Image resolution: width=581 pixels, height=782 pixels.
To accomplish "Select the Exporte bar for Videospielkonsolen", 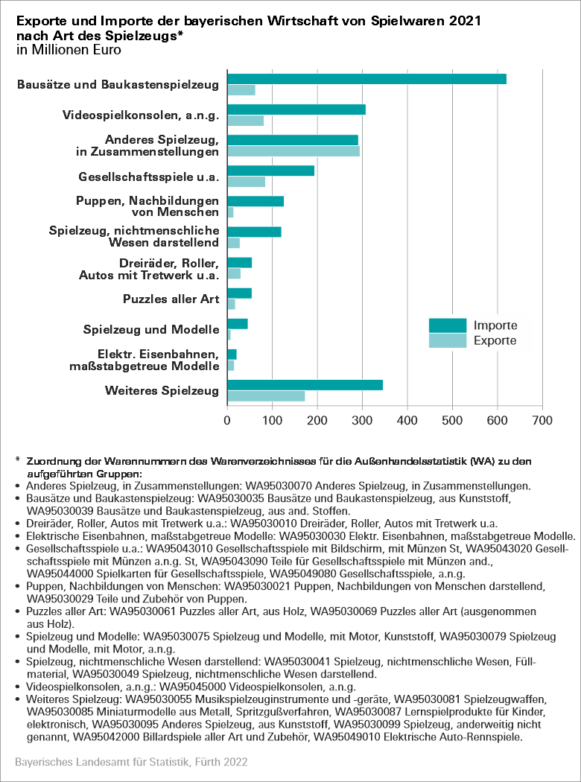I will click(245, 121).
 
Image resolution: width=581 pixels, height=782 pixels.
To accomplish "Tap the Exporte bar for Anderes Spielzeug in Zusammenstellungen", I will click(293, 151).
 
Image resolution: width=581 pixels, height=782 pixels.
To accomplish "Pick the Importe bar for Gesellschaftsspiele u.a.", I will click(270, 171).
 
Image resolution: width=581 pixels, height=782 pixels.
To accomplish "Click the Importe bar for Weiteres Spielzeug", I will click(305, 385).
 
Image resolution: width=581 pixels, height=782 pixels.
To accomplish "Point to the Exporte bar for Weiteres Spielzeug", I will click(266, 396).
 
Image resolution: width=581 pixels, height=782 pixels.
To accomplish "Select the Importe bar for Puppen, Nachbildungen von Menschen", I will click(255, 201).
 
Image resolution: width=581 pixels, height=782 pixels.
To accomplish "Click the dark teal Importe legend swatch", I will click(448, 325).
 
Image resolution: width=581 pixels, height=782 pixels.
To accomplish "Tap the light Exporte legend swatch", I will click(448, 341).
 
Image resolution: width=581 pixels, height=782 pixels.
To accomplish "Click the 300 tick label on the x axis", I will click(363, 420).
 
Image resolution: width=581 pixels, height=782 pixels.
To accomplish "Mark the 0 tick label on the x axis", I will click(227, 420).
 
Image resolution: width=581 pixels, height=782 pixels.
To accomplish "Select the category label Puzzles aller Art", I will click(171, 299).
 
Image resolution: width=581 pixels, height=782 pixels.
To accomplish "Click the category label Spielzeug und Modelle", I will click(151, 330).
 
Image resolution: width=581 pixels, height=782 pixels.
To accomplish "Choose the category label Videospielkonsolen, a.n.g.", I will click(141, 115).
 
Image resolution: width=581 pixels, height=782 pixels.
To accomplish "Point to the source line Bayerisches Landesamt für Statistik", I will click(131, 763).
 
